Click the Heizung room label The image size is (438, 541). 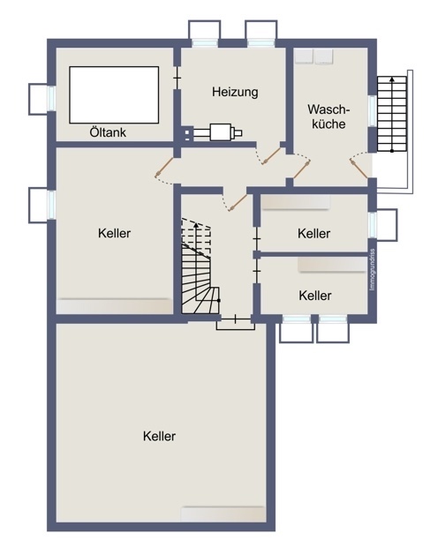(x=235, y=91)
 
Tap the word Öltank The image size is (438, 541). (x=108, y=133)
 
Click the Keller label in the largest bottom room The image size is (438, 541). (x=158, y=436)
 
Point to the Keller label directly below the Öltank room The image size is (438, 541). (x=114, y=234)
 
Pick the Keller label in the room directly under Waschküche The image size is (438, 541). (x=313, y=234)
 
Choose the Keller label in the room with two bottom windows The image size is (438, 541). (x=314, y=296)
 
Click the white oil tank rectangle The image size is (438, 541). (x=113, y=94)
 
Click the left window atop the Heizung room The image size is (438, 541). (x=204, y=32)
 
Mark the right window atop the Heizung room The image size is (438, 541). (x=261, y=32)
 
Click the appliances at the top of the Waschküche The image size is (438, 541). (x=315, y=56)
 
